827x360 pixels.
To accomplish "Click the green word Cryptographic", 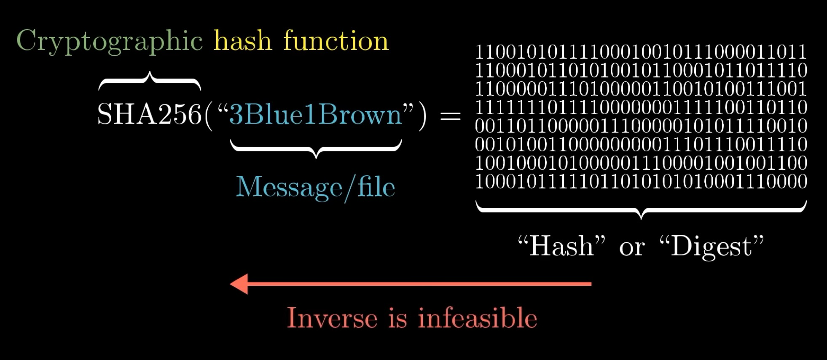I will coord(110,42).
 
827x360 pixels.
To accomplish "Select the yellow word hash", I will coord(243,41).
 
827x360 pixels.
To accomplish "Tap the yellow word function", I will coord(336,41).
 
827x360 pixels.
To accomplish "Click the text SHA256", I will coord(149,114).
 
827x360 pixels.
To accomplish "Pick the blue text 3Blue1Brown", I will coord(315,114).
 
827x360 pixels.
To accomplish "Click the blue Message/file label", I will coord(315,187).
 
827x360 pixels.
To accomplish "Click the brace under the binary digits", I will coord(641,209).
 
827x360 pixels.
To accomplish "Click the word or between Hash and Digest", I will coord(631,248).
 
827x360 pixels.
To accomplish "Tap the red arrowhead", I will coord(239,284).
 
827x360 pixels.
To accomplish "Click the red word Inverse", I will coord(332,318).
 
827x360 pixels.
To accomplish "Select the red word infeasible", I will coord(478,318).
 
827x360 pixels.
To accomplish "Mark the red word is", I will coord(397,318).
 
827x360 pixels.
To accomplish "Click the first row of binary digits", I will coord(641,52).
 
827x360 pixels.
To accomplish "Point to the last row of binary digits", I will coord(641,182).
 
